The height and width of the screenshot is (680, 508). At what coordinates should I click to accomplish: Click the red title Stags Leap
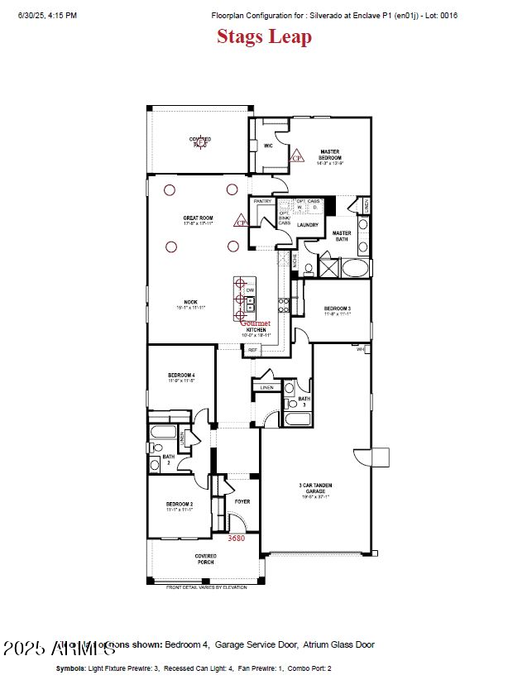point(264,36)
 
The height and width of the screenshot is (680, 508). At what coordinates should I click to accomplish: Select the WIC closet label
point(268,146)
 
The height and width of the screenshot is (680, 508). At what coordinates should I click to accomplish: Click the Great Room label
point(199,221)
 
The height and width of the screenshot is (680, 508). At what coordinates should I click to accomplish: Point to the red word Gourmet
point(255,323)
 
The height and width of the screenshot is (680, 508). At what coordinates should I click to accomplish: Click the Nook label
point(190,304)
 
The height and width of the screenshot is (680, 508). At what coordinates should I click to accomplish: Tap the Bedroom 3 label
point(338,311)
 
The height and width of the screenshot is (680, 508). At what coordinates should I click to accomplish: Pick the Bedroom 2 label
point(179,506)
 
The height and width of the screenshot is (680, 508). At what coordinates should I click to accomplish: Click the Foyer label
point(242,501)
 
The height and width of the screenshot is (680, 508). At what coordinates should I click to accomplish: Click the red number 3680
point(236,538)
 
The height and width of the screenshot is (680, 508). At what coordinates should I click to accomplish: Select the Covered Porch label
point(205,558)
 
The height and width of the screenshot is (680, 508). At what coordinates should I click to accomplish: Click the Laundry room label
point(308,224)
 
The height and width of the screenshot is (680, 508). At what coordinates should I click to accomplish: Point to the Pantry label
point(263,201)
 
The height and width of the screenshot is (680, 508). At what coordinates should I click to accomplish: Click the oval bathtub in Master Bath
point(356,269)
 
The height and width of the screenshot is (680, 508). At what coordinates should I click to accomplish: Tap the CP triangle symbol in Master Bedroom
point(297,155)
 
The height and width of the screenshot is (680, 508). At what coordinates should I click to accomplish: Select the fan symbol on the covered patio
point(199,142)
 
